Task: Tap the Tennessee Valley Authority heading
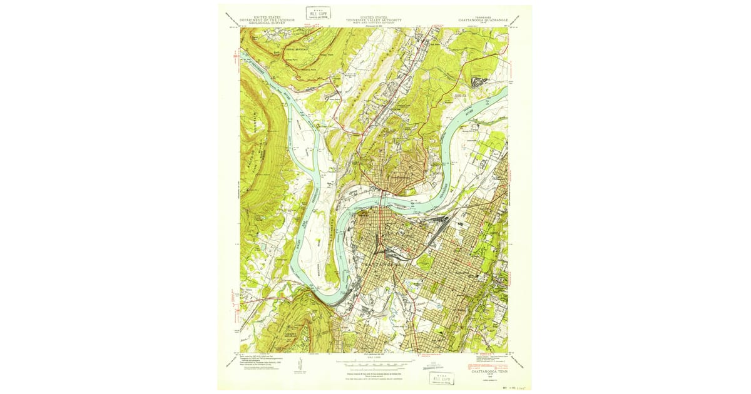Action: coord(374,20)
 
